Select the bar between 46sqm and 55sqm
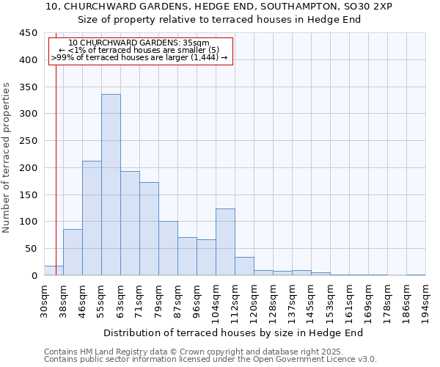pyautogui.click(x=92, y=218)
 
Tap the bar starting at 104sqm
pyautogui.click(x=225, y=242)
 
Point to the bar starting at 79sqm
pyautogui.click(x=168, y=248)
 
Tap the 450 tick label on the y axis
pyautogui.click(x=28, y=33)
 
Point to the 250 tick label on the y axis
pyautogui.click(x=28, y=141)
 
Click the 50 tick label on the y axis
pyautogui.click(x=31, y=249)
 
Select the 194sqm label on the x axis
pyautogui.click(x=425, y=301)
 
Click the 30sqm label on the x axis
pyautogui.click(x=44, y=301)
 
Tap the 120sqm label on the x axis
pyautogui.click(x=254, y=301)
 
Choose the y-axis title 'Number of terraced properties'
pyautogui.click(x=7, y=158)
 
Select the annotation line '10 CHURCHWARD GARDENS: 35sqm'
pyautogui.click(x=139, y=43)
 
